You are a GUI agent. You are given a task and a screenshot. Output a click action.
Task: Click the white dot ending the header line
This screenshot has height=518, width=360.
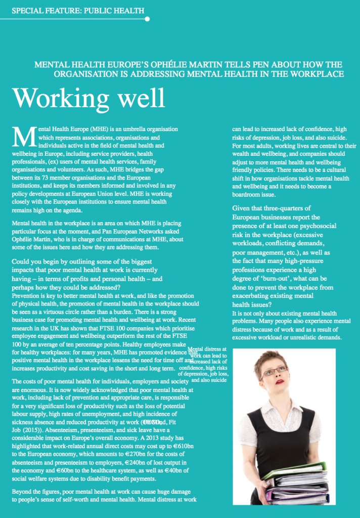point(147,19)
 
